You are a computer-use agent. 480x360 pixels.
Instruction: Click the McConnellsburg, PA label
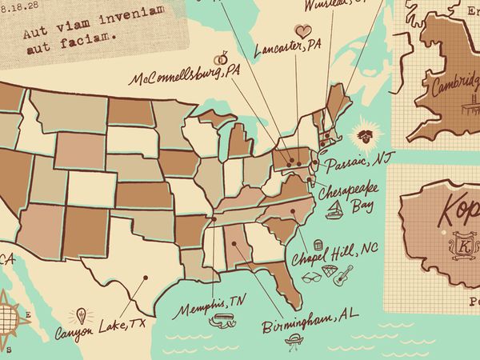(x=186, y=76)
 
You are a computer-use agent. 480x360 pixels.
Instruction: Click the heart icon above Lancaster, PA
(x=302, y=30)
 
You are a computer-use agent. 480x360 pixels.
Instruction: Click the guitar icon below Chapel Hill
(x=344, y=277)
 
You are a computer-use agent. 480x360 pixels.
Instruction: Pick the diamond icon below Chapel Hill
(x=330, y=273)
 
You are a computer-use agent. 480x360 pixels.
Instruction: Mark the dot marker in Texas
(x=146, y=278)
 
